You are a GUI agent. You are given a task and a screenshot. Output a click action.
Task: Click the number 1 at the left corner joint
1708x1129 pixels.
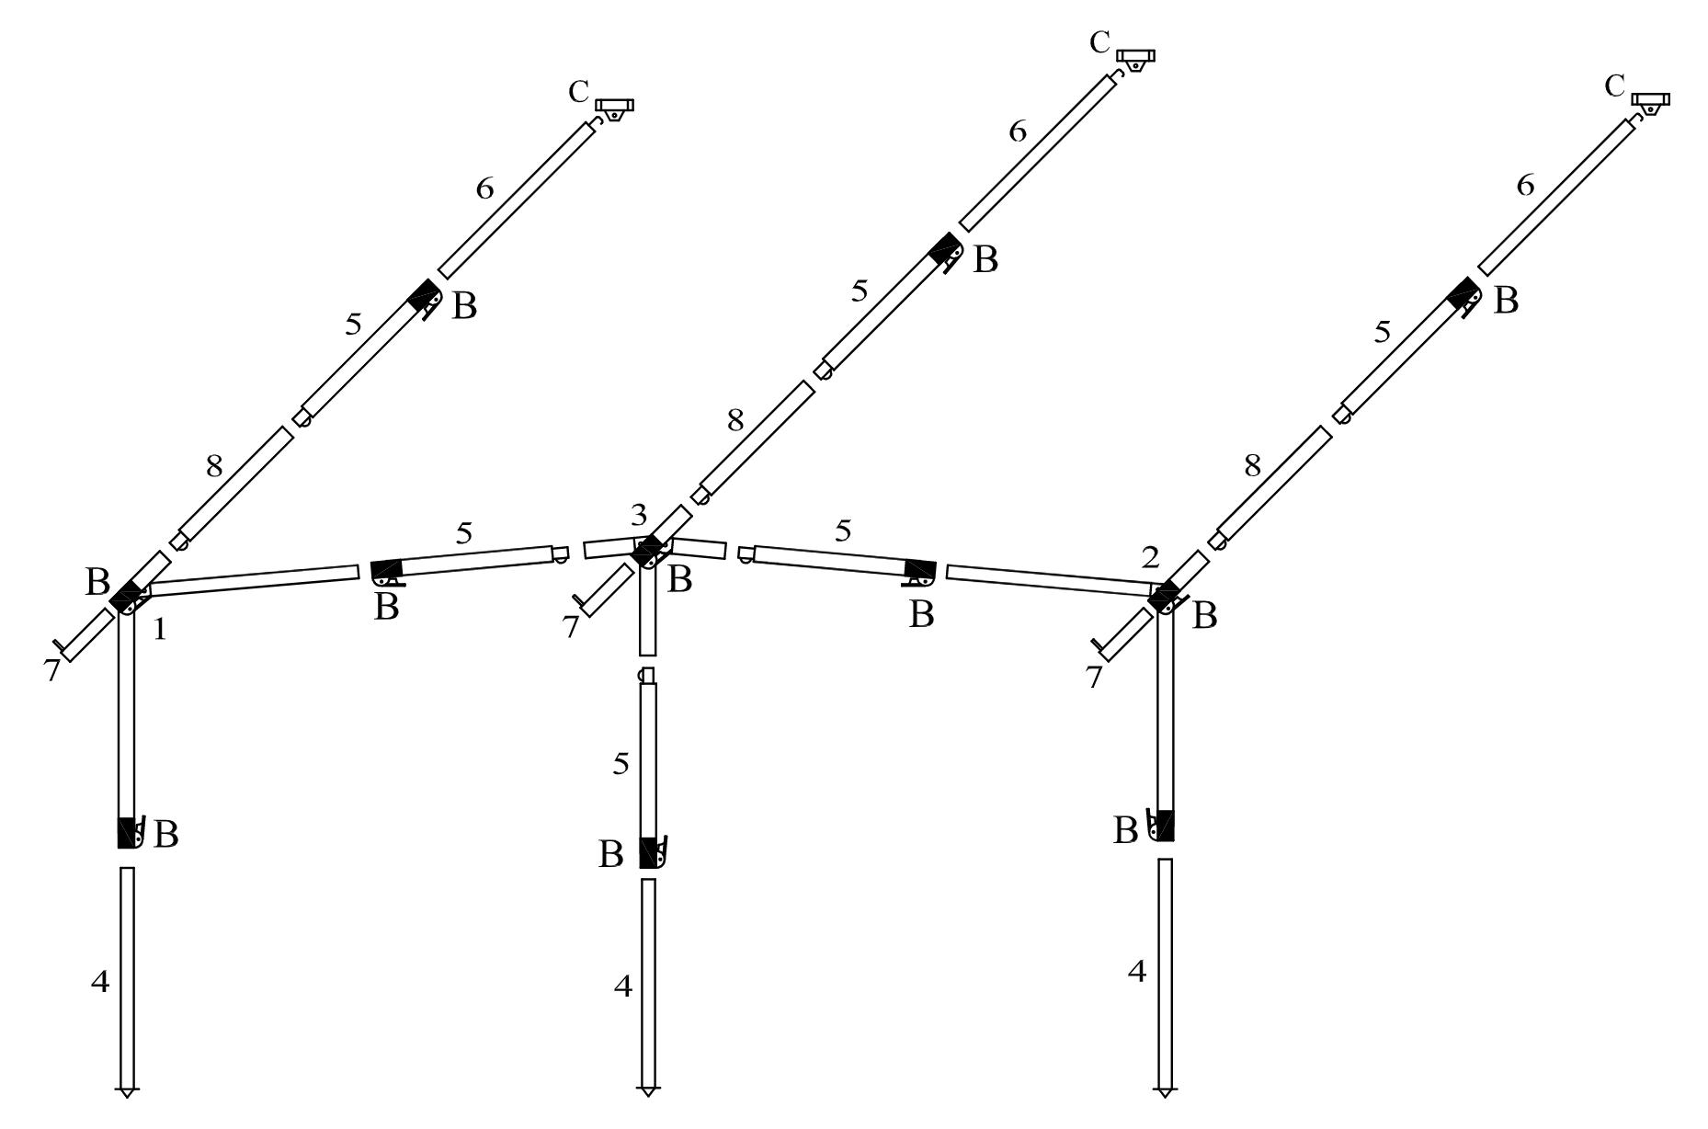coord(160,630)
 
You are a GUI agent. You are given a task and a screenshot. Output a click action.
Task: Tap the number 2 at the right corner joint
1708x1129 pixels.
coord(1150,557)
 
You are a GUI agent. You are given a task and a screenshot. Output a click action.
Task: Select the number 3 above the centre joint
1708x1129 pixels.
coord(639,515)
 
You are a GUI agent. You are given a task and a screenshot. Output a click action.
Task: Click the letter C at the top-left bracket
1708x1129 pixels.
coord(578,92)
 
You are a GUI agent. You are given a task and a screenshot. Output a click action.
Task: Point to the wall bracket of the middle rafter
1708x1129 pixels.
coord(1136,59)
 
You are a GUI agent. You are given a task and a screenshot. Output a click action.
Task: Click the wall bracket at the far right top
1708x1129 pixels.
coord(1650,102)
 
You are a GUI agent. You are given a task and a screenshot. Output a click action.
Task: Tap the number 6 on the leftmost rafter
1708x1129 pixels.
coord(484,188)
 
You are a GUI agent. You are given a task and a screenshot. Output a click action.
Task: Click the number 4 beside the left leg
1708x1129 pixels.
coord(100,982)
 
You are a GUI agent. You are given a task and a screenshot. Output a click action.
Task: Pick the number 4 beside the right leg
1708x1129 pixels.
coord(1137,972)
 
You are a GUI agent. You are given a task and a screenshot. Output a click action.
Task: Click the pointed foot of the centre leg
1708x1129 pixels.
coord(649,1090)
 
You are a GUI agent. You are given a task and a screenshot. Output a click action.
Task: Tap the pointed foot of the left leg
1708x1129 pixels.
coord(127,1091)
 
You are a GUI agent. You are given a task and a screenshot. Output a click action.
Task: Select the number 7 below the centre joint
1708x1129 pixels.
coord(570,628)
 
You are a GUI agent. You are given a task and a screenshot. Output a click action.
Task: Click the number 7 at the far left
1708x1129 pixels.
coord(51,670)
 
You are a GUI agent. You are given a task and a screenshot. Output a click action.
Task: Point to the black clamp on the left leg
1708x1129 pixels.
coord(127,832)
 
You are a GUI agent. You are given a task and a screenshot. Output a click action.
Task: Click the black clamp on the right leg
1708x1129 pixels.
coord(1165,825)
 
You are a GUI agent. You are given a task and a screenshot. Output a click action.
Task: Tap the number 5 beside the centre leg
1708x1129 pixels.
coord(621,764)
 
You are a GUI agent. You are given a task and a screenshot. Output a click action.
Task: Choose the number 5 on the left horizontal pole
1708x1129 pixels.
coord(464,533)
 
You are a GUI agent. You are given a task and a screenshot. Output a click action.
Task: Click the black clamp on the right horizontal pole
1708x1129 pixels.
coord(919,571)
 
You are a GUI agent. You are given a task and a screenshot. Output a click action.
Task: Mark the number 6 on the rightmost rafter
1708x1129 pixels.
coord(1525,186)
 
